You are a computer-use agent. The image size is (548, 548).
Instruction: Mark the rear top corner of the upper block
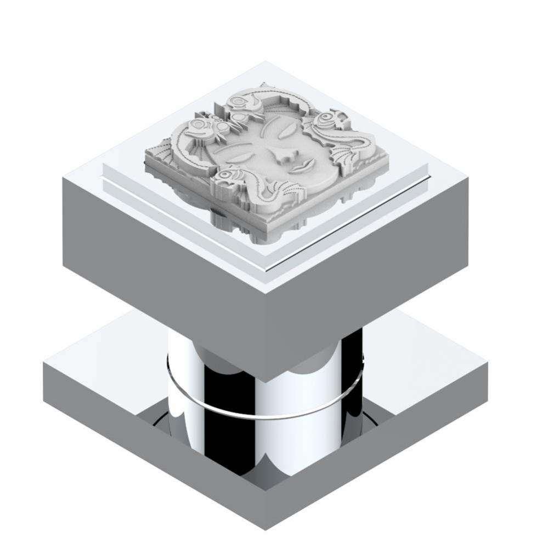(x=265, y=62)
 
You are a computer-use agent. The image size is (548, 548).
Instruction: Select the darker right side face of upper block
(x=368, y=274)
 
